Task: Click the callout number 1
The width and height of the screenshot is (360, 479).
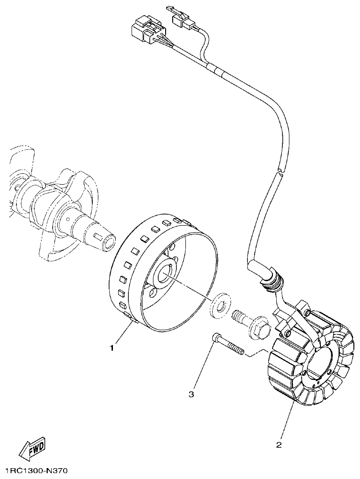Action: coord(112,348)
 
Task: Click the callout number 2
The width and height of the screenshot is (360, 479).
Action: coord(279,444)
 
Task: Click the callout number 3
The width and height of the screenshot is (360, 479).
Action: coord(191,394)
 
